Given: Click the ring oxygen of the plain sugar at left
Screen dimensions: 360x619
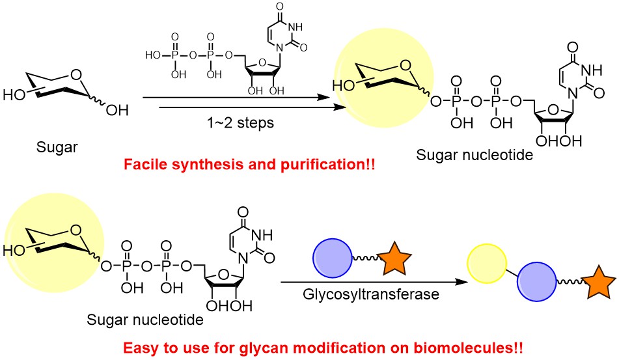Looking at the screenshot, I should point(79,81).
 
